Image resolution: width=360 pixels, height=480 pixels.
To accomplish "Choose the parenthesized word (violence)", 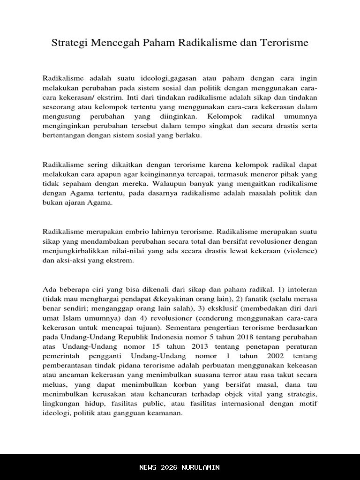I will point(300,251).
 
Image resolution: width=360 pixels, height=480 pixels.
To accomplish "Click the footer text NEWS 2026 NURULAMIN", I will point(180,467).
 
